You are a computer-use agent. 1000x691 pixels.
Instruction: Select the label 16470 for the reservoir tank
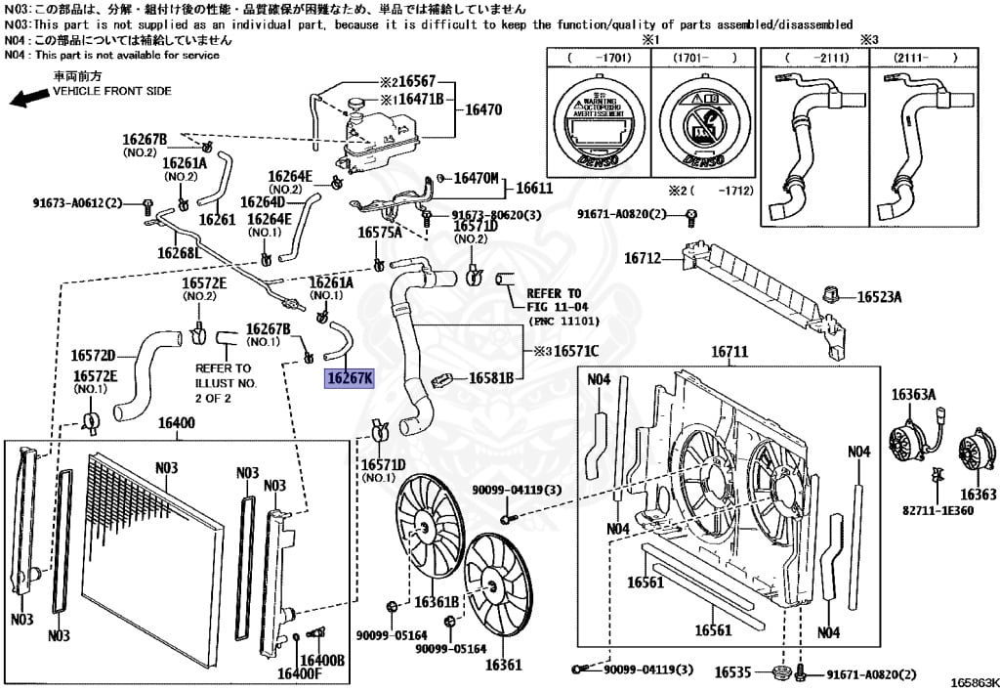click(x=482, y=110)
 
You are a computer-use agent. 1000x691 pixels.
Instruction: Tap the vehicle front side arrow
click(x=27, y=96)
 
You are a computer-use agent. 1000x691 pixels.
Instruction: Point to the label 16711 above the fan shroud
click(x=729, y=352)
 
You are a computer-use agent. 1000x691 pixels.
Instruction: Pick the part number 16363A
click(x=912, y=395)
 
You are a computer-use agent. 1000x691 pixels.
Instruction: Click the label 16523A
click(x=880, y=297)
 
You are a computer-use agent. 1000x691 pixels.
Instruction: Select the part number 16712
click(x=644, y=259)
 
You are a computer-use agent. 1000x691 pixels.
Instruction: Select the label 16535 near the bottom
click(x=732, y=672)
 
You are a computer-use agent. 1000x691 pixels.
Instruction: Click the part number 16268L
click(x=179, y=253)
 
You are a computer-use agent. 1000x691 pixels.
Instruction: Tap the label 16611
click(x=534, y=188)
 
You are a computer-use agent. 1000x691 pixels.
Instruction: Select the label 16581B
click(x=492, y=377)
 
